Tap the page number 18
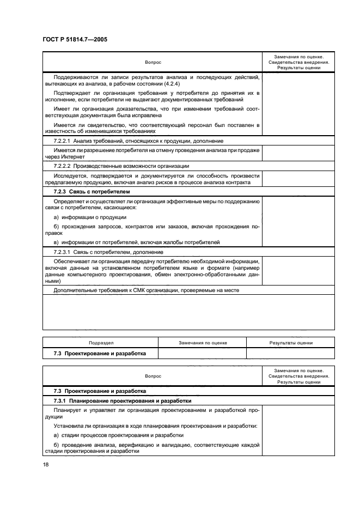(45, 465)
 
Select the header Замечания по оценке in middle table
(202, 343)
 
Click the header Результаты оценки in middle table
(290, 343)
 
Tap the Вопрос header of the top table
(152, 62)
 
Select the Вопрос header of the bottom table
(152, 376)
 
